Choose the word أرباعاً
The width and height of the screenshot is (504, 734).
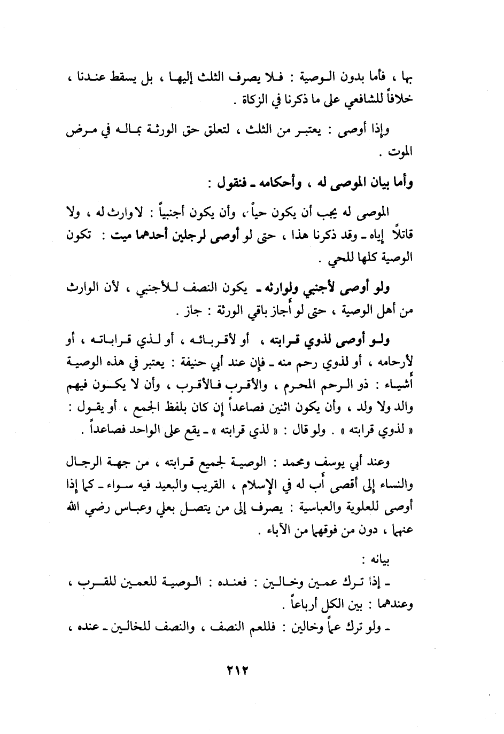tap(304, 605)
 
